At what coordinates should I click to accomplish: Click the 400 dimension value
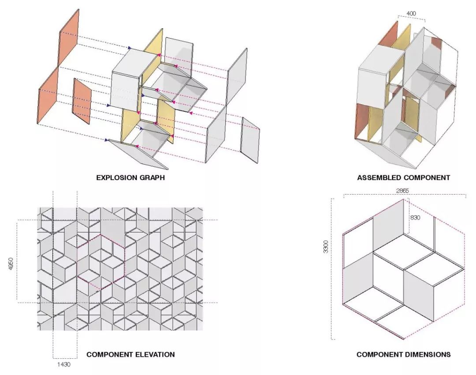411,14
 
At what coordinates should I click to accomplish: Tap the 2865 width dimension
402,191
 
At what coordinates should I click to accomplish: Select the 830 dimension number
415,217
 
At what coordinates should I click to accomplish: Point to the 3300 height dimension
326,246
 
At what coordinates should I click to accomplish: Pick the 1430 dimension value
64,364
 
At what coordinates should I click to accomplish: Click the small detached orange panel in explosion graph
82,101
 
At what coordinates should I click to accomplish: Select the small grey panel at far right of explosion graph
250,140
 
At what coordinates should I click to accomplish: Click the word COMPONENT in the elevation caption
110,354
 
